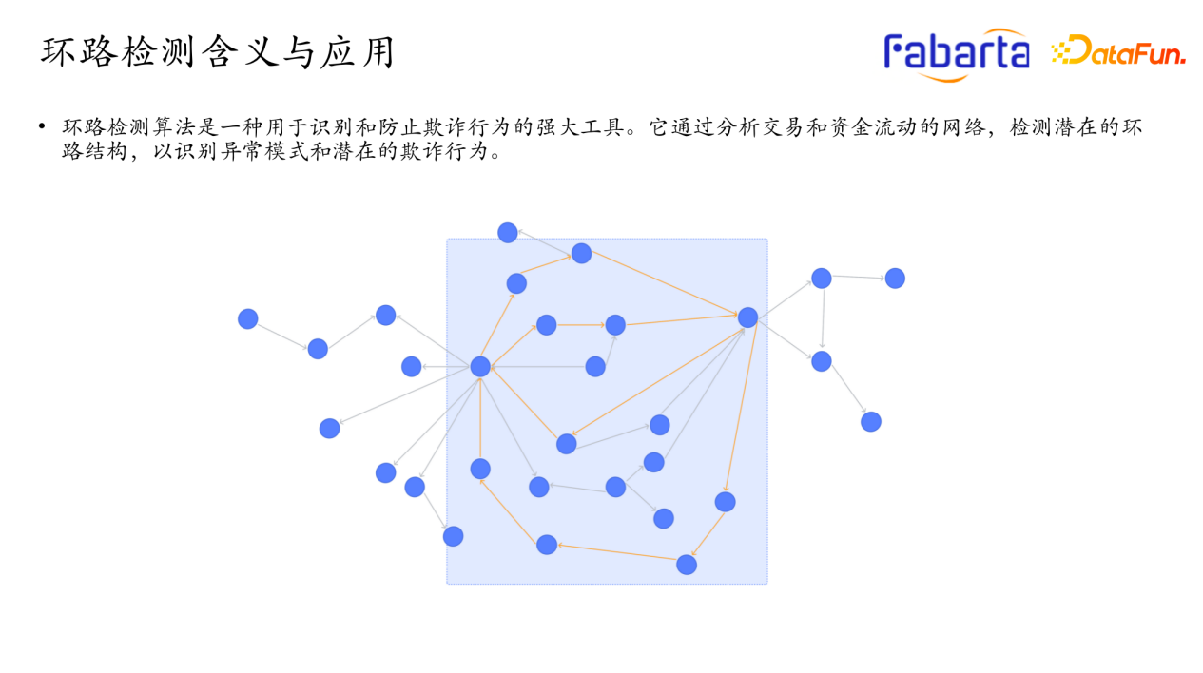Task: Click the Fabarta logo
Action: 957,51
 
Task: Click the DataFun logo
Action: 1118,52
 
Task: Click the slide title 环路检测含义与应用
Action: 218,53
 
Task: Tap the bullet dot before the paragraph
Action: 42,126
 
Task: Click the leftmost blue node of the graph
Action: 248,319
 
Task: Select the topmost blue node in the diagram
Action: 508,233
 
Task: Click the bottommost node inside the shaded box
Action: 687,565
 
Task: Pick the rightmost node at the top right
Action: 895,279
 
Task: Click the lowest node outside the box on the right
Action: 871,421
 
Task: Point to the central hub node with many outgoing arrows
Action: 480,367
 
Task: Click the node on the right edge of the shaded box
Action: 748,317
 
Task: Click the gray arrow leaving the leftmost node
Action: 282,334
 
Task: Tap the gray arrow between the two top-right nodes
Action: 858,278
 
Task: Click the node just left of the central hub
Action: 412,367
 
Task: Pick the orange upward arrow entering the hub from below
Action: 480,418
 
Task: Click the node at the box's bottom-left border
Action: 454,536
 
